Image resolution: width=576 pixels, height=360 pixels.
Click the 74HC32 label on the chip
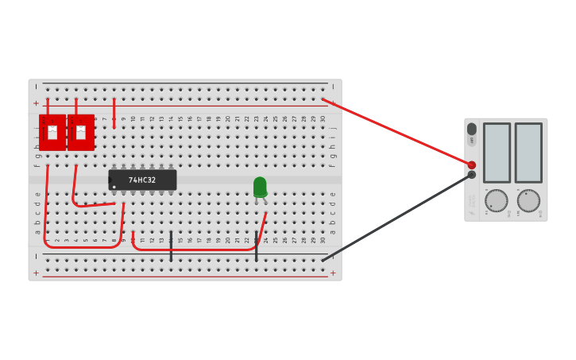(142, 180)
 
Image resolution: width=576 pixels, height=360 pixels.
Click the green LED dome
(260, 186)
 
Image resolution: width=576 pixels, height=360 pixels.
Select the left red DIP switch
(52, 133)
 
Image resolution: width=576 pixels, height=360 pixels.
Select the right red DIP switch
(81, 133)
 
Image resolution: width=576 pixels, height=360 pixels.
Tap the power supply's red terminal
(471, 165)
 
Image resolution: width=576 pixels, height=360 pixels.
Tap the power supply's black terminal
(471, 175)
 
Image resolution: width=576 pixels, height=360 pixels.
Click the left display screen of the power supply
(497, 153)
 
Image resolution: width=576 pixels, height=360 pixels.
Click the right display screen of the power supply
(528, 153)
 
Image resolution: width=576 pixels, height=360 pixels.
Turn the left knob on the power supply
(497, 200)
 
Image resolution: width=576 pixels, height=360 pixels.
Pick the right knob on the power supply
(528, 200)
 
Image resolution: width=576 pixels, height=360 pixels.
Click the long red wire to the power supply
(397, 132)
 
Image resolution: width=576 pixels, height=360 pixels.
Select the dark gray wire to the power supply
(397, 217)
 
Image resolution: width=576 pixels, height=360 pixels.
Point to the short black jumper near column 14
(171, 246)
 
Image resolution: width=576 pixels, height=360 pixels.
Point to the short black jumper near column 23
(256, 246)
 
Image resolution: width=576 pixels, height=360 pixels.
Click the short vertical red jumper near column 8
(114, 112)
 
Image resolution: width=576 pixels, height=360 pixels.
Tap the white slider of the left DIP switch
(52, 132)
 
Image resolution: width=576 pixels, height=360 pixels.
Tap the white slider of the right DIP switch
(80, 132)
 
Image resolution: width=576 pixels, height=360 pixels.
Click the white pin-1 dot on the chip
(114, 188)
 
